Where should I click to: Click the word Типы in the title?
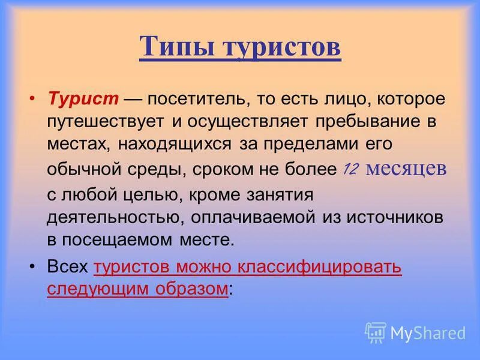pyautogui.click(x=176, y=47)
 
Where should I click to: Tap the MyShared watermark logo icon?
pyautogui.click(x=376, y=332)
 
